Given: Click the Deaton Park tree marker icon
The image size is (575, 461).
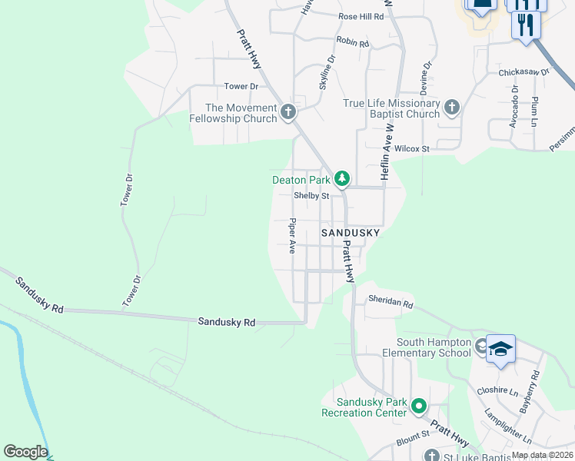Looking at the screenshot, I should click(x=342, y=180).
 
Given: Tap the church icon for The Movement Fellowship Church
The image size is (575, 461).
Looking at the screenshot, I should click(x=287, y=113).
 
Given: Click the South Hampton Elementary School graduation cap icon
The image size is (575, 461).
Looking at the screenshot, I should click(x=500, y=350).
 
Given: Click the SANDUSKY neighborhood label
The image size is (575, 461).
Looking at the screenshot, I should click(x=351, y=231).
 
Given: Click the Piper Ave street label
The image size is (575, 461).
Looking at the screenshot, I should click(x=292, y=237).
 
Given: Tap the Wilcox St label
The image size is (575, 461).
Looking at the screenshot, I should click(x=412, y=148).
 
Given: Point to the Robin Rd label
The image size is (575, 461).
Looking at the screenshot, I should click(x=353, y=43).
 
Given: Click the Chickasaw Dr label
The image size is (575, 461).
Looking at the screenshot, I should click(x=524, y=72).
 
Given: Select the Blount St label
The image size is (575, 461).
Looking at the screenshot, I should click(x=412, y=442).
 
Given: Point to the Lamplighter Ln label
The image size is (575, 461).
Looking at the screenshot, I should click(x=508, y=426).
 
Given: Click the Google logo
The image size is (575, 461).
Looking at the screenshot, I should click(x=25, y=452).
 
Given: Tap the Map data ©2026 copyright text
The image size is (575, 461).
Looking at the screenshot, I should click(x=541, y=455).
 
